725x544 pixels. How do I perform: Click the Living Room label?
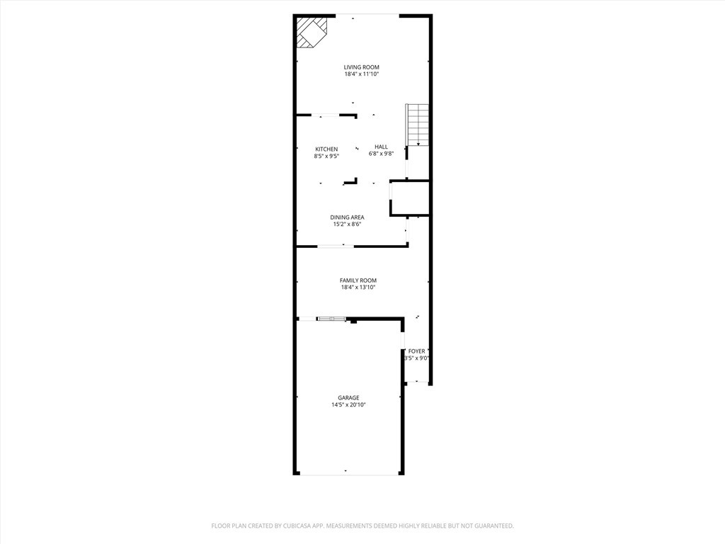362,67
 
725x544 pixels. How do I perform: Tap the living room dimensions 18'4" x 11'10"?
362,74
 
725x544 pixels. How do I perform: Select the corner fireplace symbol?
311,32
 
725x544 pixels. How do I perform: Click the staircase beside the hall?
418,125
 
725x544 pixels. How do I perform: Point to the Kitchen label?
326,149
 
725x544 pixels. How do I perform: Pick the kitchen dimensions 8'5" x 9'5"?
326,156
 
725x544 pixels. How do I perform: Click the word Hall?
381,147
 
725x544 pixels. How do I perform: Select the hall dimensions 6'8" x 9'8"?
381,154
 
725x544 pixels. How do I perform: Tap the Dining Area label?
347,217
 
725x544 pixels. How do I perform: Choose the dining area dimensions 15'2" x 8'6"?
347,224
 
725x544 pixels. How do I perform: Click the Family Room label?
358,280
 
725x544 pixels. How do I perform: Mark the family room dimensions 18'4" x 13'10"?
358,288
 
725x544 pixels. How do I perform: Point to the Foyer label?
417,351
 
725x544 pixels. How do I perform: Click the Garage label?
348,397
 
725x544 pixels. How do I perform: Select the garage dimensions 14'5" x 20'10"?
348,404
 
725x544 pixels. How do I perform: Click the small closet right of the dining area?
410,198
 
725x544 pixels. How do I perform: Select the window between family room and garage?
331,319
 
